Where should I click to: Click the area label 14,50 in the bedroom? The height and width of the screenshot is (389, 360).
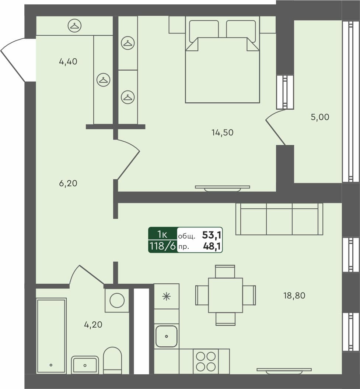pyautogui.click(x=222, y=132)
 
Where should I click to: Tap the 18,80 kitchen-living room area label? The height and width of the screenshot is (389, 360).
pyautogui.click(x=294, y=295)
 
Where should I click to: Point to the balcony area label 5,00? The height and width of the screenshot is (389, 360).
pyautogui.click(x=320, y=117)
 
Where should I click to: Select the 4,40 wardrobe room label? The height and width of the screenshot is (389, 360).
pyautogui.click(x=68, y=62)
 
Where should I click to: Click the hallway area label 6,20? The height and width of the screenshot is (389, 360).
pyautogui.click(x=68, y=183)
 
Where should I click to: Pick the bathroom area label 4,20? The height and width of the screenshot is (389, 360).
pyautogui.click(x=93, y=325)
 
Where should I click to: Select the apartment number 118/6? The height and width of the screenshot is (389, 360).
pyautogui.click(x=162, y=246)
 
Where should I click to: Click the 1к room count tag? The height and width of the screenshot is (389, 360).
pyautogui.click(x=162, y=234)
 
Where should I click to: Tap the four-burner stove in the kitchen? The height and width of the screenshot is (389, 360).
pyautogui.click(x=206, y=361)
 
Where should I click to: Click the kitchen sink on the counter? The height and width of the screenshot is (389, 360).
pyautogui.click(x=167, y=336)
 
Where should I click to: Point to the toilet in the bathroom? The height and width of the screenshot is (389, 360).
pyautogui.click(x=112, y=360)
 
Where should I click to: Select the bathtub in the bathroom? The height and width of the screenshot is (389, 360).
pyautogui.click(x=51, y=336)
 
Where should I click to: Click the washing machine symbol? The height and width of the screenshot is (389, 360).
pyautogui.click(x=117, y=300)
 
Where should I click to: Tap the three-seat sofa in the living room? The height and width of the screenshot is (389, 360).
pyautogui.click(x=279, y=219)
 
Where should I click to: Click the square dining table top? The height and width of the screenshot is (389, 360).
pyautogui.click(x=225, y=295)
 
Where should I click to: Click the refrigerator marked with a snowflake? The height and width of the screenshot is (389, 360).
pyautogui.click(x=167, y=296)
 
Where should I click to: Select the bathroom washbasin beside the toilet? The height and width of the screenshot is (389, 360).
pyautogui.click(x=85, y=365)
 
